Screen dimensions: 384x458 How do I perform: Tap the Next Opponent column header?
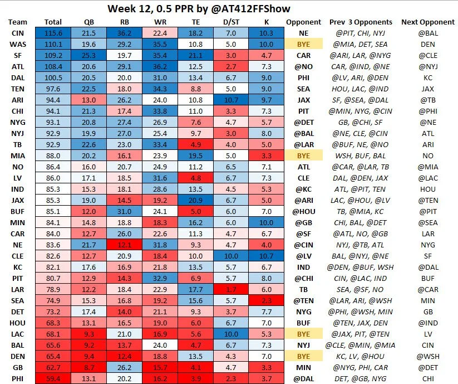tap(427, 22)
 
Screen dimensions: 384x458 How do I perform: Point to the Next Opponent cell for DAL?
tap(427, 79)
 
